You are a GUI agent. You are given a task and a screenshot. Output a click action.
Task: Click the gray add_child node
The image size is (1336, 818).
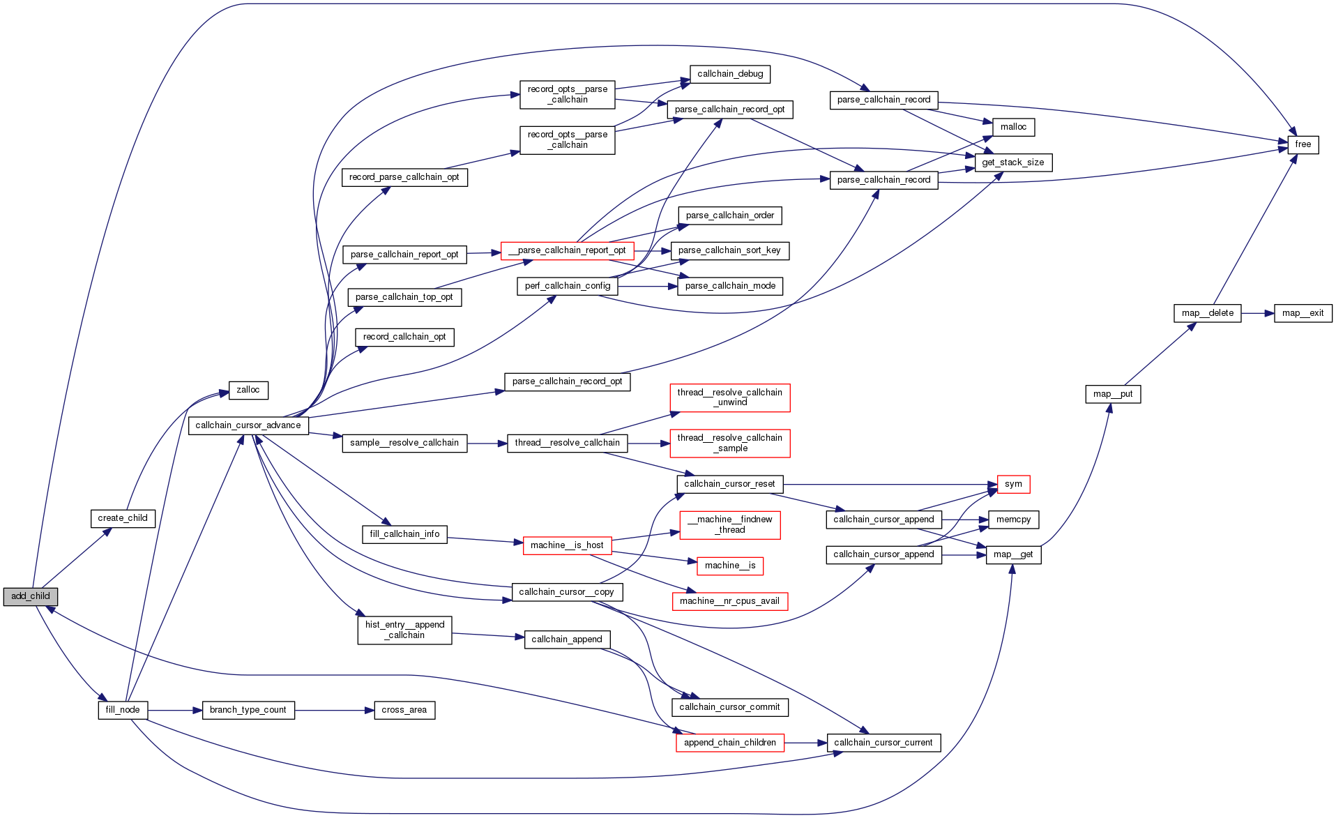[x=30, y=596]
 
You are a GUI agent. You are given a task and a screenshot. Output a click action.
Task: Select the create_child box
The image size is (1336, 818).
[x=123, y=518]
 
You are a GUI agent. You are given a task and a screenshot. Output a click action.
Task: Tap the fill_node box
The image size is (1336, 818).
[x=123, y=710]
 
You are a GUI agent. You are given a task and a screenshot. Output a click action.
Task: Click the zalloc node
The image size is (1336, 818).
[x=248, y=390]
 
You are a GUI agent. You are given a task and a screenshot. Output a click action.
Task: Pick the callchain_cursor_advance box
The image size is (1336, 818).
[x=248, y=425]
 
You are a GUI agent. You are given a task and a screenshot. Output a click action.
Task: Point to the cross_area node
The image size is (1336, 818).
[x=404, y=710]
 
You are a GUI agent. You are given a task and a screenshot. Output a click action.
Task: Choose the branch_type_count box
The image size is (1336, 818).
[x=248, y=710]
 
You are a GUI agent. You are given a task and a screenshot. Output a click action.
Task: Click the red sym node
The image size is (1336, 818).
[x=1013, y=484]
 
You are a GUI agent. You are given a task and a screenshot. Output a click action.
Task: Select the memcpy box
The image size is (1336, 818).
[x=1013, y=520]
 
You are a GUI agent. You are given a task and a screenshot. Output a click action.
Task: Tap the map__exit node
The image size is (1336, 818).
[x=1303, y=313]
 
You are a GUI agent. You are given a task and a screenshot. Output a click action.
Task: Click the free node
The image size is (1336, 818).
[x=1303, y=144]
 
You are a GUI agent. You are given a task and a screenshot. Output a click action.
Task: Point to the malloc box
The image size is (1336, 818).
[x=1013, y=127]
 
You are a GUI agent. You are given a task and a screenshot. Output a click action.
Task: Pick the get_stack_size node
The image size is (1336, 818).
[x=1013, y=162]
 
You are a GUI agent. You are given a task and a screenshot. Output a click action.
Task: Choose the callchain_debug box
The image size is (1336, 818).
[x=730, y=74]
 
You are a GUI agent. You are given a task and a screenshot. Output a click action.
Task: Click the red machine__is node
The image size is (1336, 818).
[x=730, y=566]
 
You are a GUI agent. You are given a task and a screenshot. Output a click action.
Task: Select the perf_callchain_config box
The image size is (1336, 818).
[x=568, y=286]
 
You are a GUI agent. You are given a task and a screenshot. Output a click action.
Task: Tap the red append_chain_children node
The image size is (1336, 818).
[x=730, y=743]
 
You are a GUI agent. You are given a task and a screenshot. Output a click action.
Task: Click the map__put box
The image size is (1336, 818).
[x=1113, y=394]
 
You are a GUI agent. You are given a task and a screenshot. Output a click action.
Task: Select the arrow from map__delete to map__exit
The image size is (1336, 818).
[x=1258, y=313]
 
